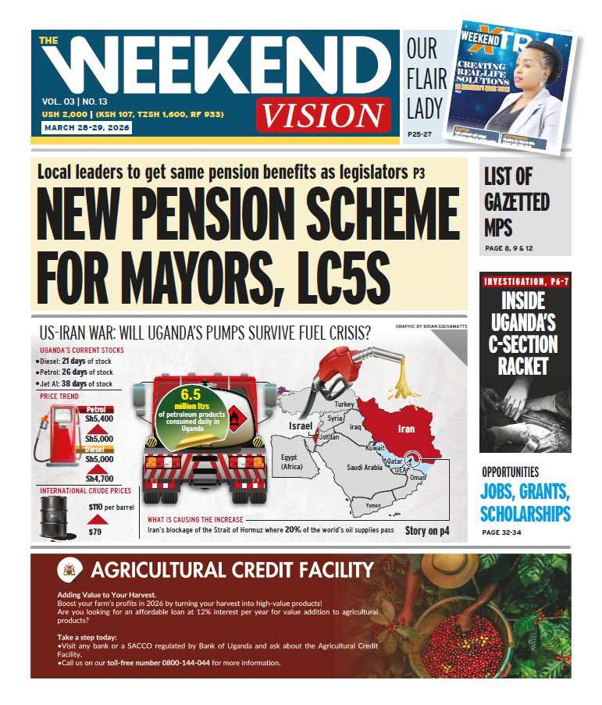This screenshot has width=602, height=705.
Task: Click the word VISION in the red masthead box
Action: point(322,114)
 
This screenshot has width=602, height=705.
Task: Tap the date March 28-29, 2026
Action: point(77,127)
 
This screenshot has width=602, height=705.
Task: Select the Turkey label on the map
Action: point(344,404)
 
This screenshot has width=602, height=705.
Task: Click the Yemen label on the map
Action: point(373,506)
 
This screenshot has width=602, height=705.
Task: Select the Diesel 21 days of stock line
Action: point(75,362)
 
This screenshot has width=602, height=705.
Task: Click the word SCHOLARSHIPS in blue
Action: point(525,514)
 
